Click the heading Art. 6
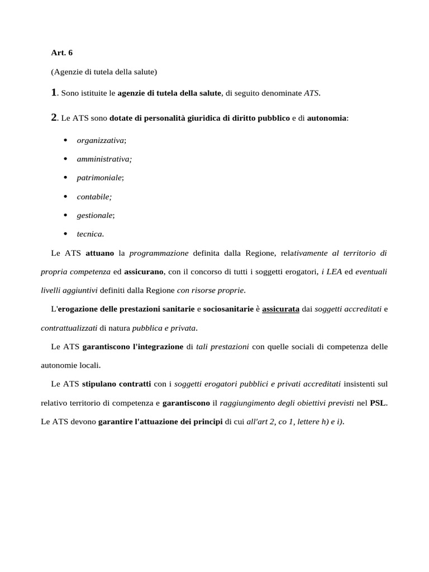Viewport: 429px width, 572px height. (61, 53)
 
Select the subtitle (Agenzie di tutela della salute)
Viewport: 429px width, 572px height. (104, 72)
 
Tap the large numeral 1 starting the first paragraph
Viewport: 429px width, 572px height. (54, 93)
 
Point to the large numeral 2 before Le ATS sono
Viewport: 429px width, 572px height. (54, 118)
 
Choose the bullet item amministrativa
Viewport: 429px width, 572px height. (104, 159)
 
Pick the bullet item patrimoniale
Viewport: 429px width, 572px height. (99, 178)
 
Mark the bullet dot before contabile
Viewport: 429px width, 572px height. (65, 197)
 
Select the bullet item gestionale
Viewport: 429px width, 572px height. (96, 215)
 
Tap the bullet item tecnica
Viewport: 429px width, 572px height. (90, 234)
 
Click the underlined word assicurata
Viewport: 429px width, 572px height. (280, 309)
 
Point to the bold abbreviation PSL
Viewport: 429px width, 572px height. (378, 403)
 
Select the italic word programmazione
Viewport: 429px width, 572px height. (159, 253)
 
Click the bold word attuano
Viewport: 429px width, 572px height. (99, 253)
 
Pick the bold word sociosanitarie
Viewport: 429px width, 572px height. (228, 309)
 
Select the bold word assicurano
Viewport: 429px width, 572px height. (144, 271)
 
